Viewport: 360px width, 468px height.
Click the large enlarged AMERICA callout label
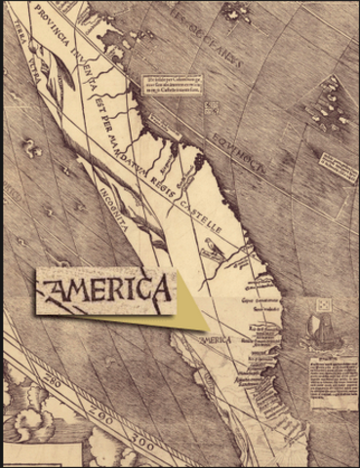[103, 290]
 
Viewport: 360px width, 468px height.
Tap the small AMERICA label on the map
[216, 340]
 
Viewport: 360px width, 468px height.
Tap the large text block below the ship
[333, 380]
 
